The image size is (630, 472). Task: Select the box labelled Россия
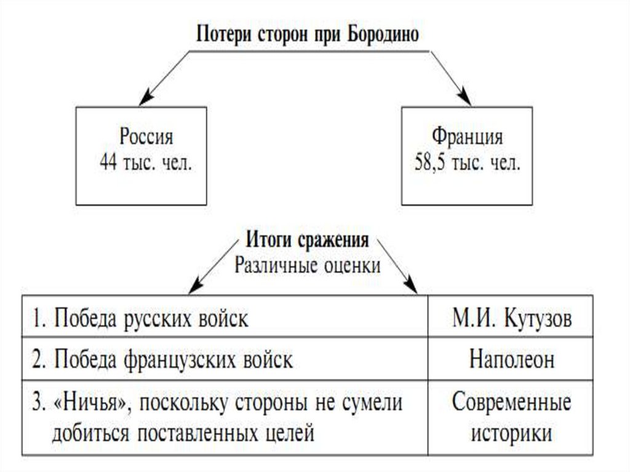pyautogui.click(x=141, y=156)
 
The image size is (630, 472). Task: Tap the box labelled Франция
pyautogui.click(x=467, y=156)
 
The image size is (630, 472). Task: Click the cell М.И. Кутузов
pyautogui.click(x=511, y=320)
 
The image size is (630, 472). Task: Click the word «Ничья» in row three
pyautogui.click(x=89, y=403)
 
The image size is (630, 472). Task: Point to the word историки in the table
pyautogui.click(x=511, y=433)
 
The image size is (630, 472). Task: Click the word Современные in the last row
pyautogui.click(x=511, y=403)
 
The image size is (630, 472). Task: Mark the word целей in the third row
pyautogui.click(x=290, y=433)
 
